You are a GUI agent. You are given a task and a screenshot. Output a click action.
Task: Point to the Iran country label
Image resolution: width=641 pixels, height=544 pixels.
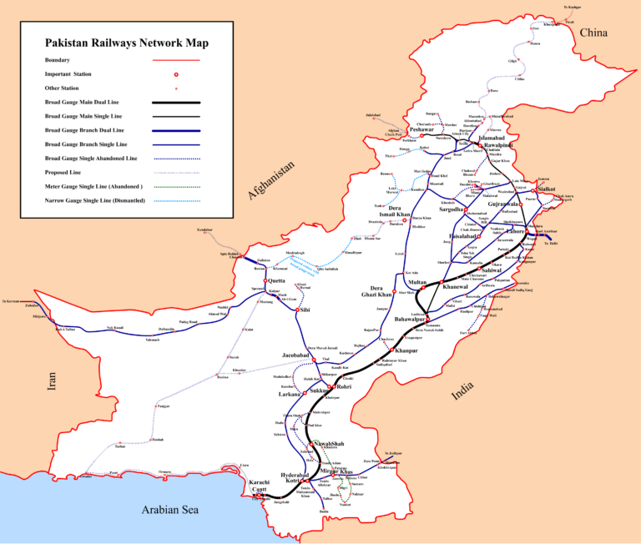pos(52,381)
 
